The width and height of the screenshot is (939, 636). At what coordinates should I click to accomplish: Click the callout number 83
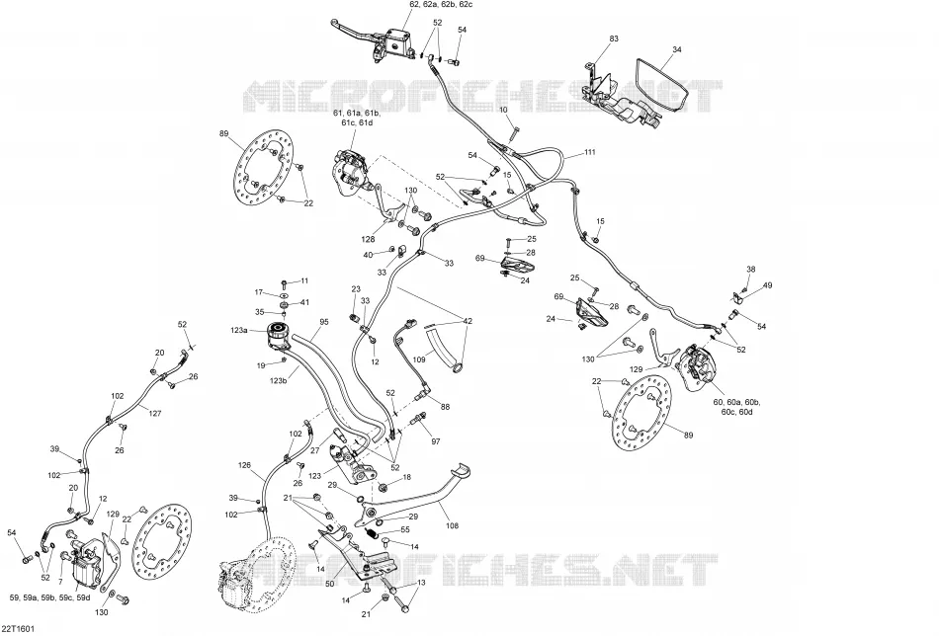[x=614, y=39]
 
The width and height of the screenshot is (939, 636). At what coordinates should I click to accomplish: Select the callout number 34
[x=677, y=49]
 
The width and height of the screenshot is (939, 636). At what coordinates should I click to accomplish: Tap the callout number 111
[x=590, y=152]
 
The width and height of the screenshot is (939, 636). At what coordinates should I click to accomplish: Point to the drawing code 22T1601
[x=18, y=629]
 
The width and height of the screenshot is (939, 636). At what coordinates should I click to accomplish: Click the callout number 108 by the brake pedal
[x=452, y=526]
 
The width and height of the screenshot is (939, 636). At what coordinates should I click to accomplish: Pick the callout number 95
[x=324, y=322]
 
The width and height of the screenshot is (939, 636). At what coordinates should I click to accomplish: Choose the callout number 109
[x=419, y=360]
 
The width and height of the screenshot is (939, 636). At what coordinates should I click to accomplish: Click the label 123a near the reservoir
[x=238, y=330]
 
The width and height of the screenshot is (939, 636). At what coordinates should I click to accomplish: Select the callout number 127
[x=155, y=414]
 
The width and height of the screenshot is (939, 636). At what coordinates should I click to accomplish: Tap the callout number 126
[x=244, y=465]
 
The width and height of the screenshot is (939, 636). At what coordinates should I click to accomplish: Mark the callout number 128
[x=368, y=239]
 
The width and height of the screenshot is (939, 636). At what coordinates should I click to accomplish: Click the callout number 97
[x=435, y=441]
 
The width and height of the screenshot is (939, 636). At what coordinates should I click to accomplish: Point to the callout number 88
[x=445, y=407]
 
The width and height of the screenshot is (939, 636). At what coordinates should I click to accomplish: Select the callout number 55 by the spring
[x=405, y=530]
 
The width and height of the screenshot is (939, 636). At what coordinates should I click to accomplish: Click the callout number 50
[x=330, y=584]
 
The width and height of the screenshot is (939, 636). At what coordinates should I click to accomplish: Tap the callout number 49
[x=768, y=285]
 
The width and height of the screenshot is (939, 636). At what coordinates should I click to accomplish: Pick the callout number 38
[x=751, y=270]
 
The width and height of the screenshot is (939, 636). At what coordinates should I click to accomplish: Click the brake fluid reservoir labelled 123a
[x=277, y=335]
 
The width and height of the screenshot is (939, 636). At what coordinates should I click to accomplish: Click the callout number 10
[x=503, y=110]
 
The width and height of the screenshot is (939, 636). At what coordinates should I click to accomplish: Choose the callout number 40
[x=368, y=255]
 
